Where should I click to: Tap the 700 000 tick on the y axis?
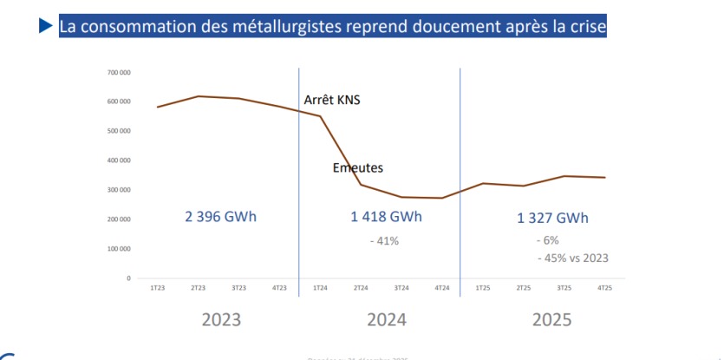tap(119, 72)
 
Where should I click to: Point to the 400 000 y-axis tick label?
tap(119, 160)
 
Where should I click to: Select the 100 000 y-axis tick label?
tap(119, 249)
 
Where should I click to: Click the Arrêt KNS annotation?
tap(331, 101)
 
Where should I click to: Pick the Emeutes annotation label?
tap(357, 167)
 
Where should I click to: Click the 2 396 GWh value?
tap(220, 217)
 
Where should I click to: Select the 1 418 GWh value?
tap(381, 217)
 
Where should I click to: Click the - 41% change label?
tap(382, 240)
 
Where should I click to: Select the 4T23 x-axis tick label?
tap(279, 287)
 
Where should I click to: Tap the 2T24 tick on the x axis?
tap(361, 287)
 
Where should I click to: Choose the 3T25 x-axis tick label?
tap(564, 287)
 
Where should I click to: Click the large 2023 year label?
tap(222, 319)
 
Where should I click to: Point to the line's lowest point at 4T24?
tap(442, 198)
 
